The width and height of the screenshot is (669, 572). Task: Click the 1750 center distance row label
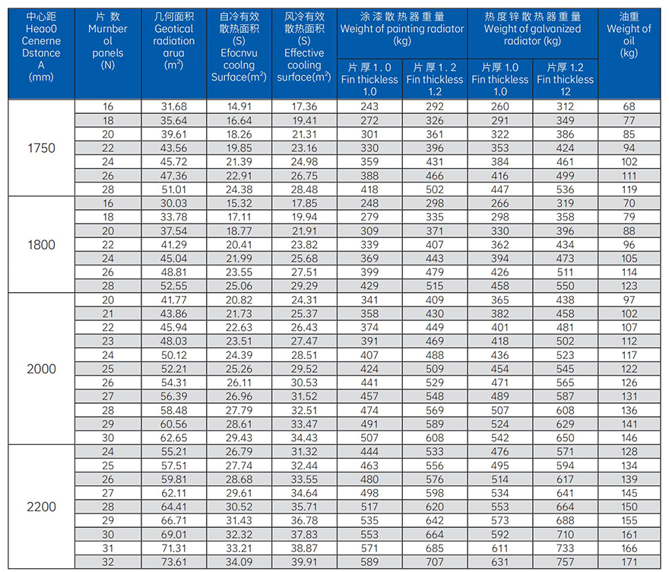click(41, 148)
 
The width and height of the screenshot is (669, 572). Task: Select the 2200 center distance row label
click(41, 507)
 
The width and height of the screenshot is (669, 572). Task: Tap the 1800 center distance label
click(41, 244)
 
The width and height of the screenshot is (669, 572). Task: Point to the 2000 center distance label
click(41, 369)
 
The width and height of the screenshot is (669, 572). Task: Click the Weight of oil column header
click(629, 35)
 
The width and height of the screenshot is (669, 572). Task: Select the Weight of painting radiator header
click(402, 29)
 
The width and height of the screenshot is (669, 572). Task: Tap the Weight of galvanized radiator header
click(532, 29)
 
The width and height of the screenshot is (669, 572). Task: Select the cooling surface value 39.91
click(304, 562)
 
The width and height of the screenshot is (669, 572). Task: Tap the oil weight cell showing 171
click(629, 562)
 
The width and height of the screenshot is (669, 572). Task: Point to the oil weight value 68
click(629, 106)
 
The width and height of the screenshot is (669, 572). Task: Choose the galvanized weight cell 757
click(565, 562)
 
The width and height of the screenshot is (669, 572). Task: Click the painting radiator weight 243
click(369, 106)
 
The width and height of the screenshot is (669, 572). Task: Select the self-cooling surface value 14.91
click(239, 106)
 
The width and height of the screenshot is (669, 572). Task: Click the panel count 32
click(108, 562)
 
